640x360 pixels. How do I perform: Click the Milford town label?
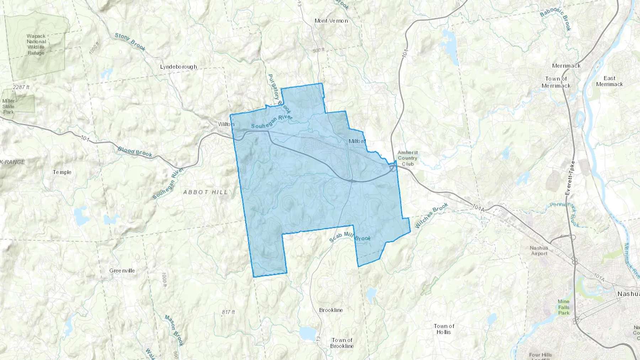pyautogui.click(x=357, y=141)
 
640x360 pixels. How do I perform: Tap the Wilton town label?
pyautogui.click(x=226, y=124)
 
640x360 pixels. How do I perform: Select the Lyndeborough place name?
pyautogui.click(x=178, y=67)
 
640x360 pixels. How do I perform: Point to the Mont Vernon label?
pyautogui.click(x=331, y=21)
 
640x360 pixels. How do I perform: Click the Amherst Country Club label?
pyautogui.click(x=407, y=158)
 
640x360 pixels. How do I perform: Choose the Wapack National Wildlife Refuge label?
pyautogui.click(x=36, y=44)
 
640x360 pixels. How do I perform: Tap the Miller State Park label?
pyautogui.click(x=9, y=106)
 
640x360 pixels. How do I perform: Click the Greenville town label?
pyautogui.click(x=122, y=271)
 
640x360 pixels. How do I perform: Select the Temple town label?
pyautogui.click(x=62, y=172)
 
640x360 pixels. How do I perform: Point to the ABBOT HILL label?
pyautogui.click(x=206, y=192)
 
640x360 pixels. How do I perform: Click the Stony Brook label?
pyautogui.click(x=130, y=42)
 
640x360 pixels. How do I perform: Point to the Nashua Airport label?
pyautogui.click(x=539, y=251)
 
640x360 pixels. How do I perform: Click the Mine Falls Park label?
pyautogui.click(x=564, y=307)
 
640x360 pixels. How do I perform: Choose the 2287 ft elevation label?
pyautogui.click(x=21, y=87)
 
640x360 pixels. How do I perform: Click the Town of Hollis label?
pyautogui.click(x=444, y=329)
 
